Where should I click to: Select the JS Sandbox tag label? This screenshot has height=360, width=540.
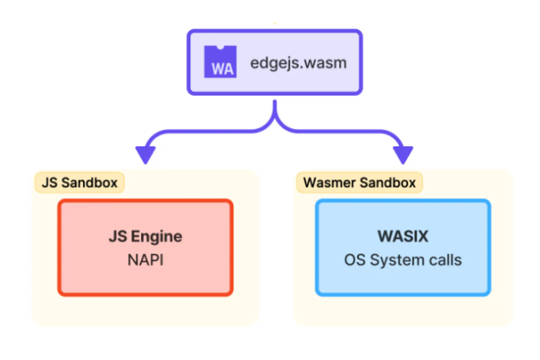(78, 181)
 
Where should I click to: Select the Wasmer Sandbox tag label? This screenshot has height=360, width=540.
(359, 181)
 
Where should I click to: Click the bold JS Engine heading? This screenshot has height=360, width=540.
(145, 236)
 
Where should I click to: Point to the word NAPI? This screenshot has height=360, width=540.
(145, 259)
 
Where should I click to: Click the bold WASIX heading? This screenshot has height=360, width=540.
(402, 236)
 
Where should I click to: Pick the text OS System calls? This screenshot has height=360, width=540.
(402, 259)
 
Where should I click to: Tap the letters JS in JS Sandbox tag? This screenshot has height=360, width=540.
(49, 181)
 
